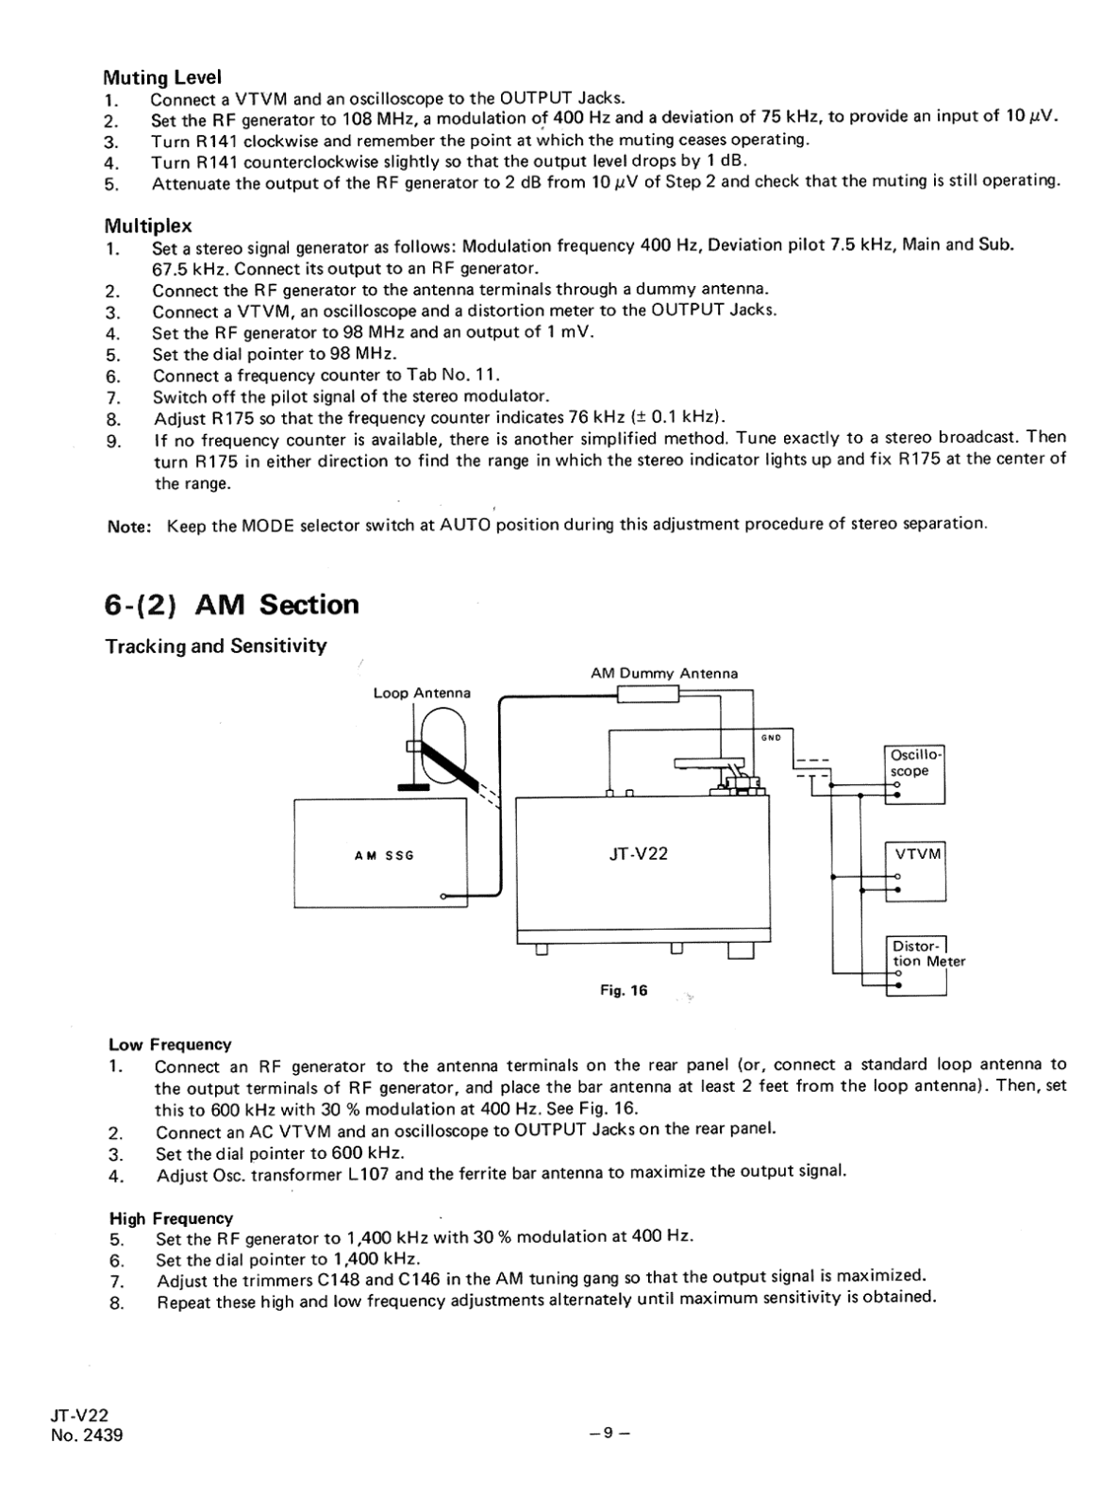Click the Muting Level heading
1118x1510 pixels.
click(162, 76)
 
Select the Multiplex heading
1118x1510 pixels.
click(147, 226)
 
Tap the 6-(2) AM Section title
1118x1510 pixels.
click(232, 604)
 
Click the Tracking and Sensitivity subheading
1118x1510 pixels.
click(216, 646)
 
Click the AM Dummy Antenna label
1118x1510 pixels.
click(664, 674)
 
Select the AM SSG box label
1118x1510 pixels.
click(384, 855)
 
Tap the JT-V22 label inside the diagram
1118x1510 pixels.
click(639, 853)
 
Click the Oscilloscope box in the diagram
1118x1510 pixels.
click(914, 774)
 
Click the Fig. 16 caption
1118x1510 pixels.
click(624, 991)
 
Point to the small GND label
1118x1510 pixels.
click(771, 737)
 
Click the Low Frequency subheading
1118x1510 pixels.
click(170, 1045)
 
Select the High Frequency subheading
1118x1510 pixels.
click(171, 1218)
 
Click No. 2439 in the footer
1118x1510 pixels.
click(88, 1436)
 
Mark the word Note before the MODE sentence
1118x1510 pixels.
click(129, 526)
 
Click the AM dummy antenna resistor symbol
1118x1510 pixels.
click(647, 696)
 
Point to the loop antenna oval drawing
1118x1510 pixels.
click(442, 746)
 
